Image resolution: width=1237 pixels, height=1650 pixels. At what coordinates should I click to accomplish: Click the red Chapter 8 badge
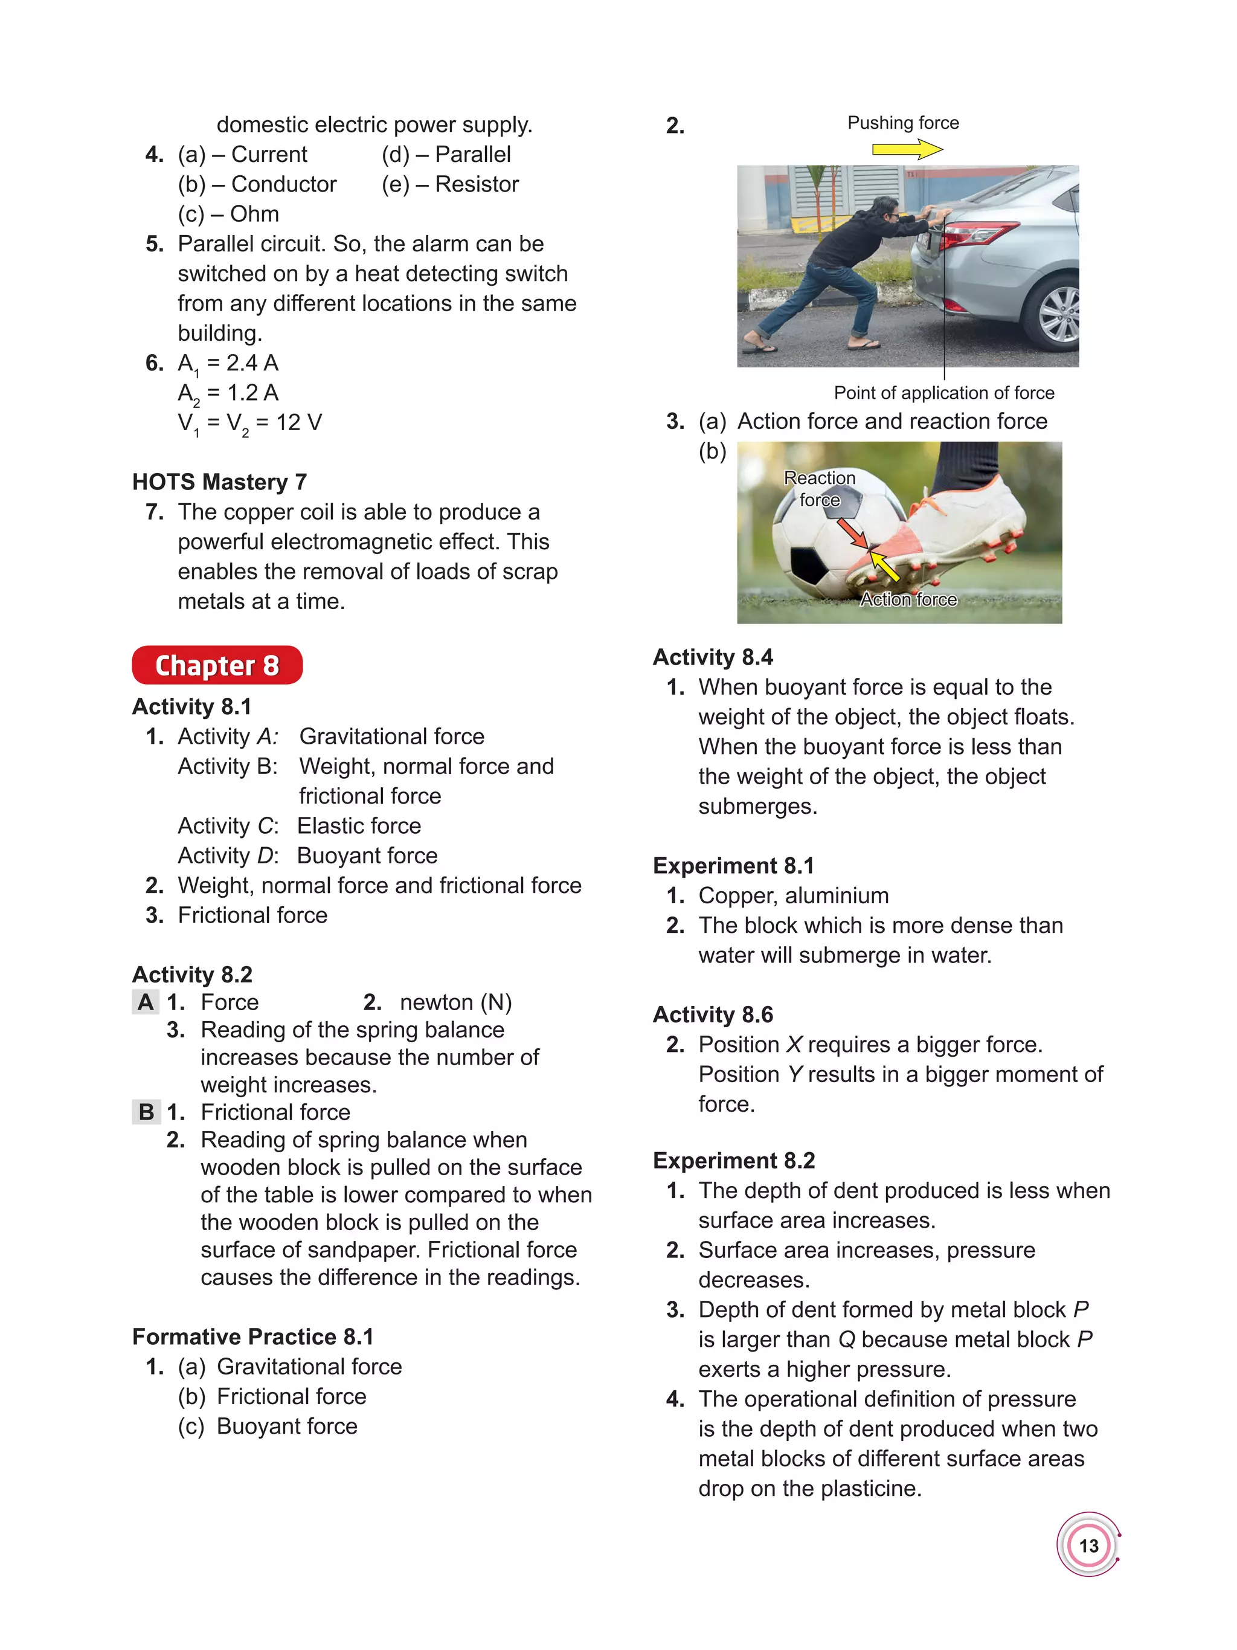point(217,665)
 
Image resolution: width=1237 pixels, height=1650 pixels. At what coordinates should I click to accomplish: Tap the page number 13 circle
point(1088,1545)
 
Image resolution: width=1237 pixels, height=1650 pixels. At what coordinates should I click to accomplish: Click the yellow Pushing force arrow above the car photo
point(907,149)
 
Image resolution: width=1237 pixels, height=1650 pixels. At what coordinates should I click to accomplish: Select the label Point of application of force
point(943,393)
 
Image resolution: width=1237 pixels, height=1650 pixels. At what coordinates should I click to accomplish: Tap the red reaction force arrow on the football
point(851,533)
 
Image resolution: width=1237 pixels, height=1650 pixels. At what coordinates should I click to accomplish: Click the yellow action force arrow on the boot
point(884,567)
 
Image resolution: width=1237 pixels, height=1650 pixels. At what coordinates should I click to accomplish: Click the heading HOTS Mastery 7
point(219,482)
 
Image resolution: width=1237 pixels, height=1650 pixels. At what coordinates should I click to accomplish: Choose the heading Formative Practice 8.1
point(252,1336)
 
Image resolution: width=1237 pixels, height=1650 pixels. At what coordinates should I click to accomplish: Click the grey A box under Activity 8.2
point(146,1002)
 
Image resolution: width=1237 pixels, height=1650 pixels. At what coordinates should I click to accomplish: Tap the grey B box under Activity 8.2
point(146,1112)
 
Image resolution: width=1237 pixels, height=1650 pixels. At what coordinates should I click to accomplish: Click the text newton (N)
point(455,1002)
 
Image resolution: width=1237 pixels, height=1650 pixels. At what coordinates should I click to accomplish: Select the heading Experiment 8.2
point(734,1161)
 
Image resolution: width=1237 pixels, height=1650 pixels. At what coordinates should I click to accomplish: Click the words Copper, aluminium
point(793,895)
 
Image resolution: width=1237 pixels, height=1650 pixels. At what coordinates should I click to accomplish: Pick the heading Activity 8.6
point(713,1014)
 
